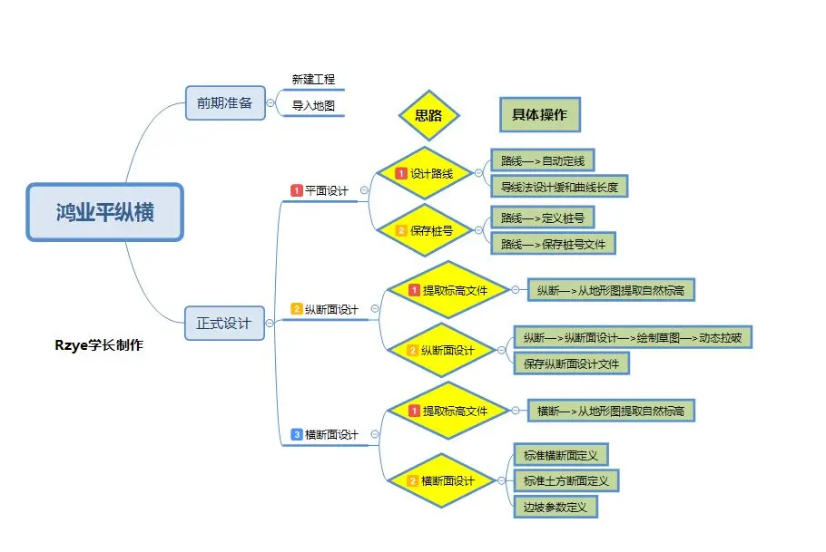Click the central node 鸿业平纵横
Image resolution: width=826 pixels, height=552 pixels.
(104, 212)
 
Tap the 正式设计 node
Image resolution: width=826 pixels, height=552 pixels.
(224, 322)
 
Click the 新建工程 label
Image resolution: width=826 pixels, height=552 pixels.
(313, 80)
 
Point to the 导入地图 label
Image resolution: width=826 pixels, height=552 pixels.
(313, 106)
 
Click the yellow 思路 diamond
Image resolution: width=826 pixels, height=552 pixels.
(428, 115)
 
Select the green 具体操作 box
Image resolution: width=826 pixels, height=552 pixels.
(539, 115)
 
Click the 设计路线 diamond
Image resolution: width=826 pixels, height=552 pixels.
(425, 173)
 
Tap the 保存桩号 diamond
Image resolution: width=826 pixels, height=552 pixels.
(425, 230)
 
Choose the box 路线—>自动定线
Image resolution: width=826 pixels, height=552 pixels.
(542, 161)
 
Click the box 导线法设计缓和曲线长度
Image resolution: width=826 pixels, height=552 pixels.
(559, 188)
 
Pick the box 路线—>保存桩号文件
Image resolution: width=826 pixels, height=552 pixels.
(553, 244)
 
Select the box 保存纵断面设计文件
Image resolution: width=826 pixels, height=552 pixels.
(571, 364)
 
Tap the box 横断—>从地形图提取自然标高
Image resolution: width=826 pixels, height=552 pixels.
(610, 411)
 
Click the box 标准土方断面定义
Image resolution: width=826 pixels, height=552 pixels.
(565, 480)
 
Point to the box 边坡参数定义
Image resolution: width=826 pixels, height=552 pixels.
(556, 507)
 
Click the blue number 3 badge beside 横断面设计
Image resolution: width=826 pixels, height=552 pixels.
(296, 435)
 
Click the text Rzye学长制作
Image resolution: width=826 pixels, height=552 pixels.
(99, 344)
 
